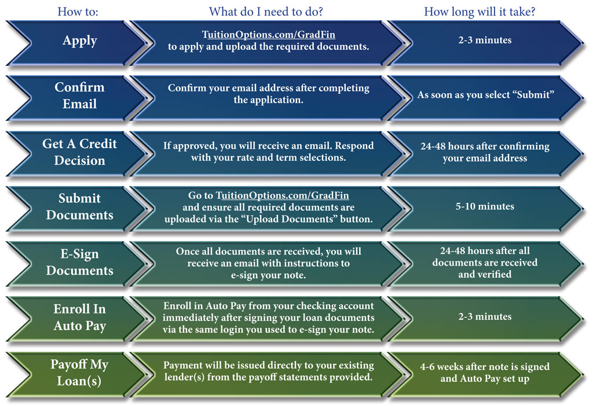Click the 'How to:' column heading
78,12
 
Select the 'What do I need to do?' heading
266,12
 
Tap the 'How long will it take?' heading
480,12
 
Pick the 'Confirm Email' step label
79,95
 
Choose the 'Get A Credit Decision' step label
79,152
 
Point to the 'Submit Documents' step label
79,206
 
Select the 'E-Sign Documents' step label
79,262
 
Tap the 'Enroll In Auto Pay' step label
79,318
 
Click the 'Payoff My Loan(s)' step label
79,373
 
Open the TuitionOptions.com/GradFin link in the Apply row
269,35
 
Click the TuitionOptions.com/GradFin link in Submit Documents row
282,195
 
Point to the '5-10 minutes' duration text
485,206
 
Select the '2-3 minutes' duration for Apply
485,40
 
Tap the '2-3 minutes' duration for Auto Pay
485,316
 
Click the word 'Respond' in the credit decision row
354,146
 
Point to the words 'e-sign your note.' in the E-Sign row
268,275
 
